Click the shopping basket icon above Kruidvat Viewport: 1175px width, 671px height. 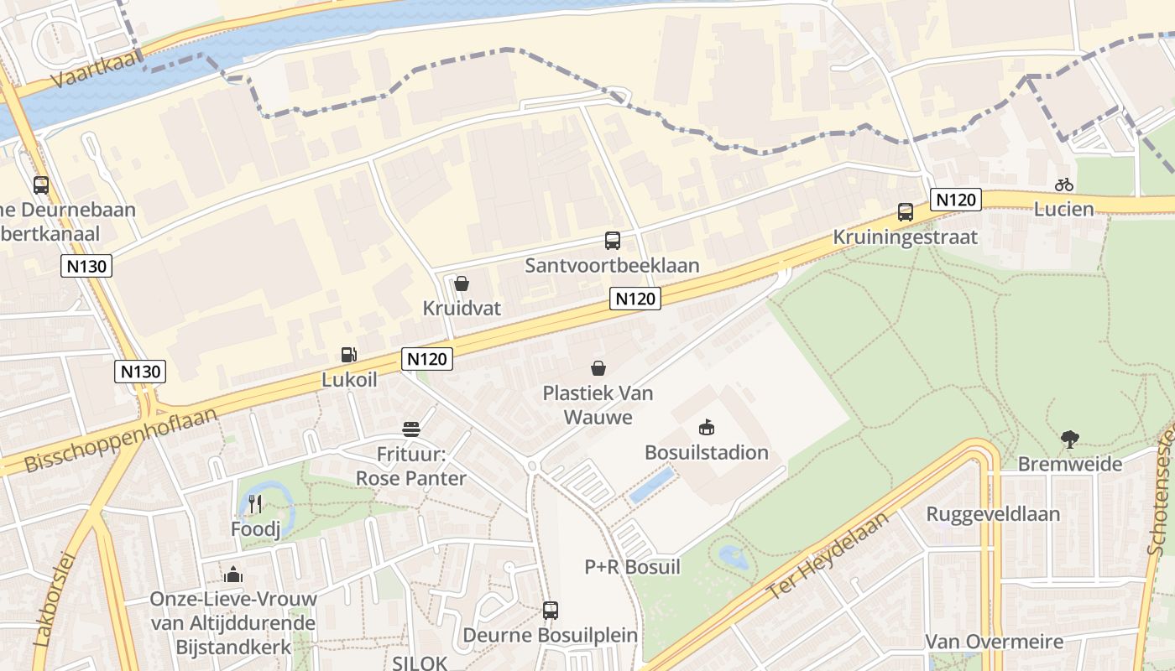(461, 283)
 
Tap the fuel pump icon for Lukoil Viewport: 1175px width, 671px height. (348, 355)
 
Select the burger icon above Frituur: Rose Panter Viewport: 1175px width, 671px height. (411, 429)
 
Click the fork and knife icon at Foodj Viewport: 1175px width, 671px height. (256, 503)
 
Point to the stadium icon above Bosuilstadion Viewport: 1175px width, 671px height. (707, 428)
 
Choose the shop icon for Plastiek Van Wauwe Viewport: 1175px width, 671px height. (598, 367)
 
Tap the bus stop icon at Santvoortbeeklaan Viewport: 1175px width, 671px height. (613, 241)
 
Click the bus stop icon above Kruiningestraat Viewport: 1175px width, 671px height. (906, 212)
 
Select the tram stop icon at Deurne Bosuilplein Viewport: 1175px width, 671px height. (550, 611)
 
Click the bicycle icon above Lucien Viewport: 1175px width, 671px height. (1064, 185)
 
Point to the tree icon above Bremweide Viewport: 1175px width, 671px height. (1069, 439)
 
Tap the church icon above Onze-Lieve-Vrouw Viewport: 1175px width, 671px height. (233, 575)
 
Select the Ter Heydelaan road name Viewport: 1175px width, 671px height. (827, 557)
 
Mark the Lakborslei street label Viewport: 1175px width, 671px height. (55, 599)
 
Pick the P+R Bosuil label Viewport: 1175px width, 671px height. (632, 567)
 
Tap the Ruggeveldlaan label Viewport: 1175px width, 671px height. (993, 514)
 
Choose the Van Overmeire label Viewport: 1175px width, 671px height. (994, 642)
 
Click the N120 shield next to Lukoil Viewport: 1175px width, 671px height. (427, 359)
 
